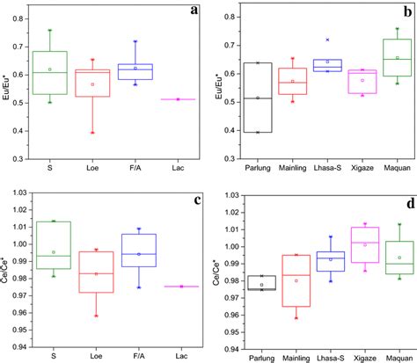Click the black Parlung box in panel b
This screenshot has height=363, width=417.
[x=258, y=97]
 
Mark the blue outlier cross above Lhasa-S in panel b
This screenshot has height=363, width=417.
[x=327, y=40]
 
